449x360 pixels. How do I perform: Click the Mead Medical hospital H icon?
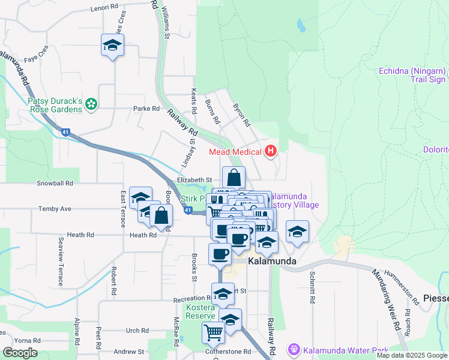[270, 152]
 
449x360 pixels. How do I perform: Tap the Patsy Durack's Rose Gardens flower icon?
[91, 105]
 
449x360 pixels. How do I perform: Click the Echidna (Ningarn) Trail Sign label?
[412, 75]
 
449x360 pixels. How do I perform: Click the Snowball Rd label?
[55, 183]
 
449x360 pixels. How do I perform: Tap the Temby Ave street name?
[55, 209]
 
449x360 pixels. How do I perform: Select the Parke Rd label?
[146, 109]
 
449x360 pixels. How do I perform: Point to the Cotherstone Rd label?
[228, 352]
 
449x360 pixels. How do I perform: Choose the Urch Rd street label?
[137, 331]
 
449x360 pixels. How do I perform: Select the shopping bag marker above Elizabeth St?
[234, 178]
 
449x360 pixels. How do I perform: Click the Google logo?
[20, 353]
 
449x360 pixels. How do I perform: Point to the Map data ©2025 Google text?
[412, 355]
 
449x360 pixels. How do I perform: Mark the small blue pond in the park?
[300, 26]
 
